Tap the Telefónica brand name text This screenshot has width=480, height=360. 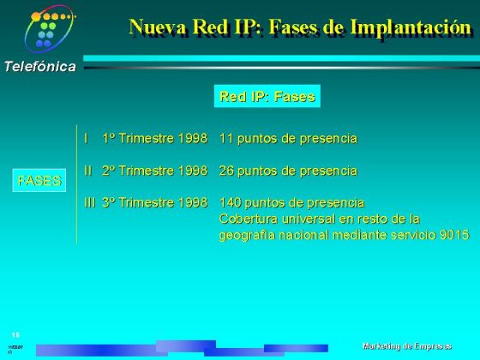39,67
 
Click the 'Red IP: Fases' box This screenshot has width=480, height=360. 267,96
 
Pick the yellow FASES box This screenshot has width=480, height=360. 39,180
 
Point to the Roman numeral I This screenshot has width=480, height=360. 86,138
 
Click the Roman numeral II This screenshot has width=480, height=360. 87,171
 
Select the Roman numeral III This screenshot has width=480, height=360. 89,203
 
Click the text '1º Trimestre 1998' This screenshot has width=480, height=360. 154,138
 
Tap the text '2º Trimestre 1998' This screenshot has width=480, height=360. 154,171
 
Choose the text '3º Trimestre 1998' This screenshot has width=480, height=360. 154,203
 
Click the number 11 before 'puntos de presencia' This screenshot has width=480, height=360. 226,138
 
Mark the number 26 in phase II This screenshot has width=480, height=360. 227,171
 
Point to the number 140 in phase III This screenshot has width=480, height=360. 231,203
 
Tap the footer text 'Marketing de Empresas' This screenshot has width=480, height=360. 407,345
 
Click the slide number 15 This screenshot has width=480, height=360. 15,334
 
